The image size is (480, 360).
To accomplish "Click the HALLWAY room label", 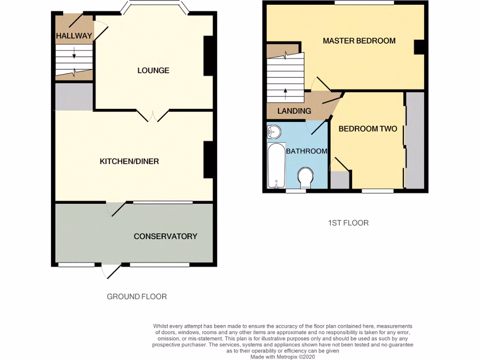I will click(x=74, y=36).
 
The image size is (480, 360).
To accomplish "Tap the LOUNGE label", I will click(x=153, y=71).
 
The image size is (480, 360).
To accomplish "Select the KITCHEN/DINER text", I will click(x=129, y=162).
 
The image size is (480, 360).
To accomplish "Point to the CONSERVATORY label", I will click(x=165, y=236).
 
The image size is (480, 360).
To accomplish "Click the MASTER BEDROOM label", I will click(x=359, y=41).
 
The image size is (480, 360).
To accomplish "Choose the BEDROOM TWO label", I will click(x=368, y=129).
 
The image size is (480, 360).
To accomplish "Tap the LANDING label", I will click(x=294, y=111).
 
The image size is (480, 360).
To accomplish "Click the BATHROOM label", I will click(x=307, y=151).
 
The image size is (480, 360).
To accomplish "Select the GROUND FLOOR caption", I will click(x=137, y=296).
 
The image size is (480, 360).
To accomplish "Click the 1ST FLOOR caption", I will click(x=348, y=223).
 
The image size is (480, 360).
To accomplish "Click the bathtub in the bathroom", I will click(x=276, y=166).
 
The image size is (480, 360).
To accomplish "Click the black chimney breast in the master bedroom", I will click(x=418, y=47).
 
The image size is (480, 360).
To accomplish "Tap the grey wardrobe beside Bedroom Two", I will click(x=415, y=141).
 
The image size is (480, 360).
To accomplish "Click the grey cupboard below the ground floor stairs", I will click(x=74, y=97).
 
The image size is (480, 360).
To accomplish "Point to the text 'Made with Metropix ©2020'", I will click(x=283, y=357).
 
